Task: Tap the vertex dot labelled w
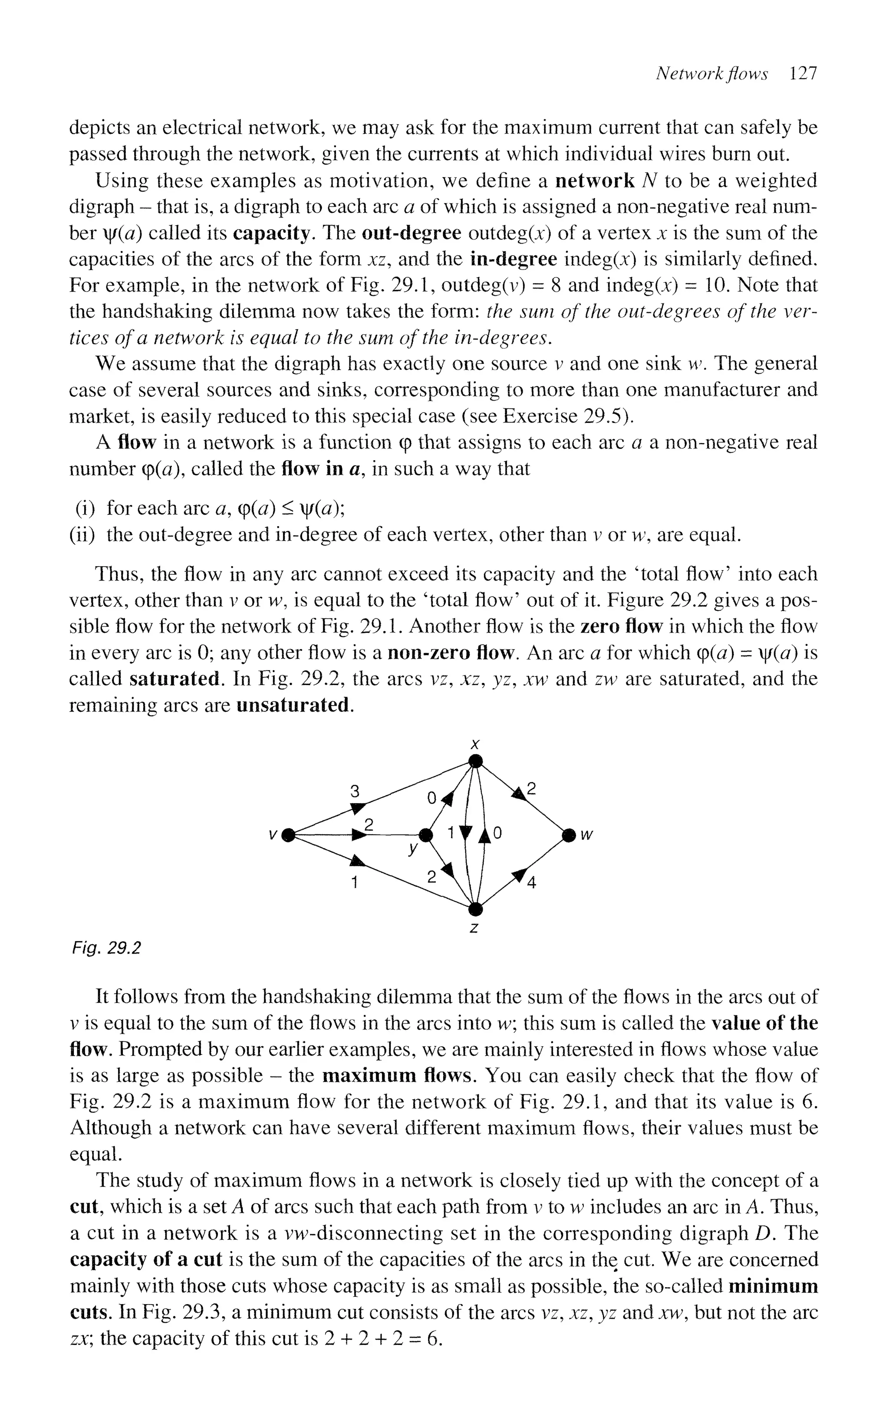pos(568,835)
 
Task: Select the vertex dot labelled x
pos(476,762)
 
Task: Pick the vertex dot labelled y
pos(425,835)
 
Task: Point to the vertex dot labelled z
pos(476,909)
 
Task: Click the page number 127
pos(803,73)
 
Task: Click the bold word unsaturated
pos(293,705)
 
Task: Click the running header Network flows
pos(712,73)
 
